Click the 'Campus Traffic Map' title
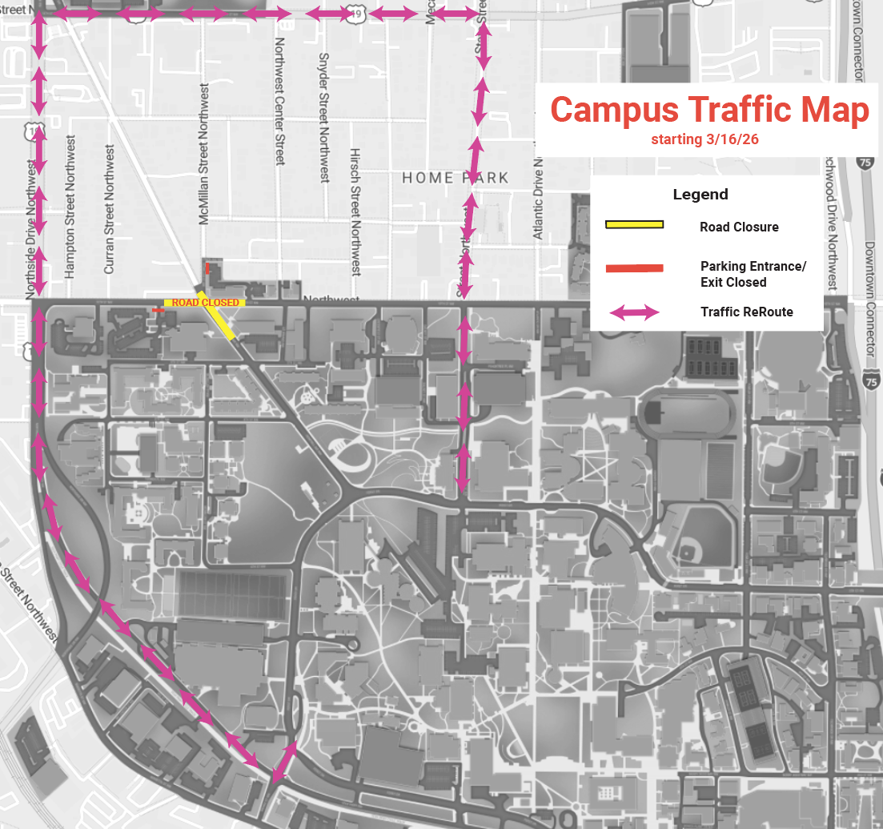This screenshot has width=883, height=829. (709, 110)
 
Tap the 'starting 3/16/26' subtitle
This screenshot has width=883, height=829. (704, 139)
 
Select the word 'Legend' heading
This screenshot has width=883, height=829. (700, 195)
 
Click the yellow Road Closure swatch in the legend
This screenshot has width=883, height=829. (634, 225)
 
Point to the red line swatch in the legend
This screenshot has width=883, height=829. (634, 268)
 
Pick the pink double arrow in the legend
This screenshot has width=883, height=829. (634, 312)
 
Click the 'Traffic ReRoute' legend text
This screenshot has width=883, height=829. (746, 312)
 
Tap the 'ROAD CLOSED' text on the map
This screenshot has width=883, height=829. (205, 303)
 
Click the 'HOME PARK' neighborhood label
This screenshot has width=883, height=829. (455, 177)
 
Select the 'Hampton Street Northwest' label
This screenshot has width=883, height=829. (70, 207)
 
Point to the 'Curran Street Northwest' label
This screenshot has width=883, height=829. (110, 210)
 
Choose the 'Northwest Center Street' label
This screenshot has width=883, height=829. (280, 101)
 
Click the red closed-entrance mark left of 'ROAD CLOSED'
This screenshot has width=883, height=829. (158, 310)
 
